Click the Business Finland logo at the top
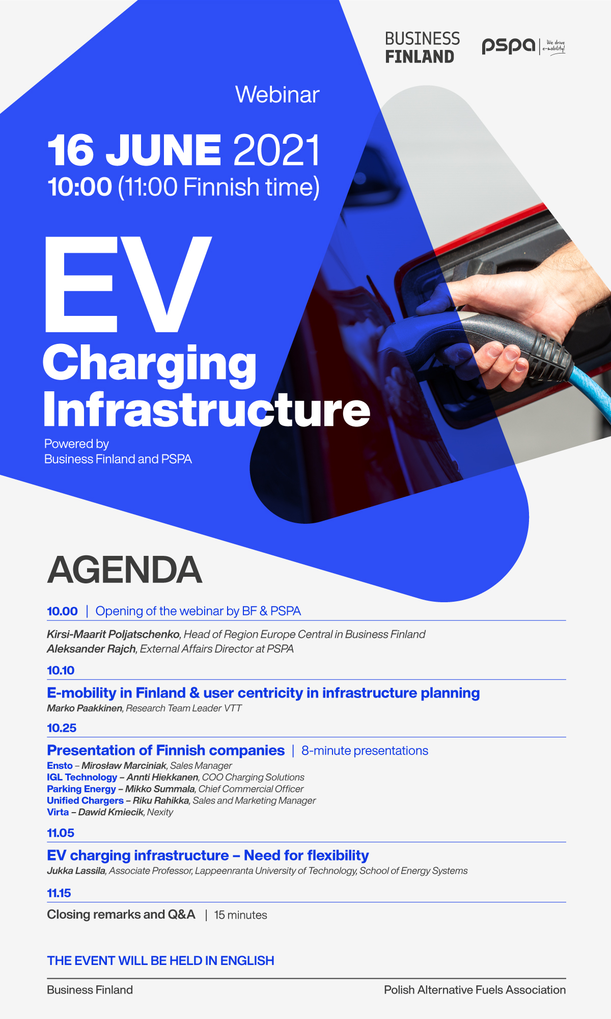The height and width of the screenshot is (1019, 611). coord(422,47)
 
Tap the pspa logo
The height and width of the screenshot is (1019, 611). coord(523,46)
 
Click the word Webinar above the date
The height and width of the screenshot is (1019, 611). coord(277,95)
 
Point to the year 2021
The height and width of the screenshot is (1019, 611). coord(277,150)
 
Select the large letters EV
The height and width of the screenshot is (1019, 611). coord(128,284)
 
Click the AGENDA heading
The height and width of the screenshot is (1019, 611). coord(125,570)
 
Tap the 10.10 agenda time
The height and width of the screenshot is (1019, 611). coord(61,671)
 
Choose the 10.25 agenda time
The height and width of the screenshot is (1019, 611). coord(62,728)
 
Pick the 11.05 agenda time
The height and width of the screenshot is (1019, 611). coord(61,833)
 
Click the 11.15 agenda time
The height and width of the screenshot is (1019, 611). coord(59,893)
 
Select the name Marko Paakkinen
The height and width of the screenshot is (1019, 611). coord(85,708)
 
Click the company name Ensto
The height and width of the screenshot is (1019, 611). coord(60,766)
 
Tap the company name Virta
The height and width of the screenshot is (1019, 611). coord(58,812)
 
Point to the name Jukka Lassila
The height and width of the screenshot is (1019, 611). coord(76,871)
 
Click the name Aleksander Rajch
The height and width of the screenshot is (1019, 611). coord(91,649)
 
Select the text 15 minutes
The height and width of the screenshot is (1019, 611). coord(240,915)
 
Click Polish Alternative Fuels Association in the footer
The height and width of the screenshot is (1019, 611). coord(475,990)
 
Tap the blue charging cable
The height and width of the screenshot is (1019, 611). coord(593,392)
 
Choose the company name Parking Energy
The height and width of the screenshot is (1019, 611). coord(81,789)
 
